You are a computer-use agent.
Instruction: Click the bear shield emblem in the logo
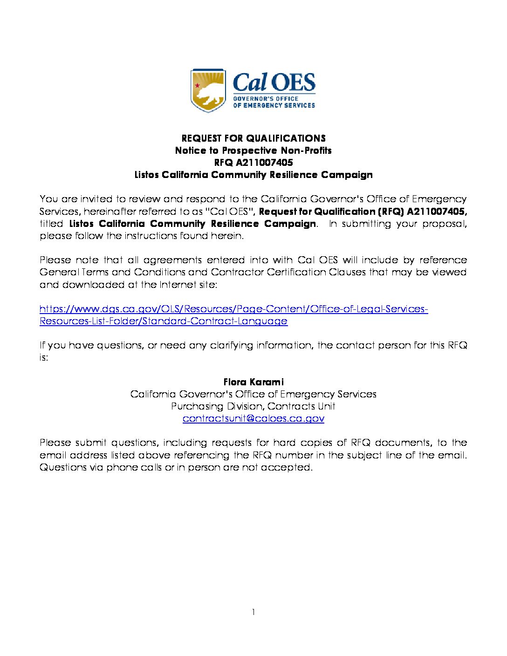(x=208, y=91)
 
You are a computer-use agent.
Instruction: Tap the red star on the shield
(x=198, y=85)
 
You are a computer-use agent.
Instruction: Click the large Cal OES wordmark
(x=274, y=82)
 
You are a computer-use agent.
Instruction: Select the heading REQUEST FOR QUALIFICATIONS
(x=253, y=138)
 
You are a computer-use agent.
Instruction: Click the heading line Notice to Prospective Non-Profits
(x=253, y=150)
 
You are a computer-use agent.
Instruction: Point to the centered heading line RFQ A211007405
(x=253, y=163)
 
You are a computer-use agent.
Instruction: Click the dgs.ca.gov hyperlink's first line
(x=233, y=309)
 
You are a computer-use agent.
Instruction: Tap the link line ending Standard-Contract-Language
(x=164, y=321)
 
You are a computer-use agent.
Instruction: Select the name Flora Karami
(x=253, y=382)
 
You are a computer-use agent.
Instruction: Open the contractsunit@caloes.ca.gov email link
(x=253, y=418)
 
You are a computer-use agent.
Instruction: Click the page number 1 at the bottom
(x=253, y=612)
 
